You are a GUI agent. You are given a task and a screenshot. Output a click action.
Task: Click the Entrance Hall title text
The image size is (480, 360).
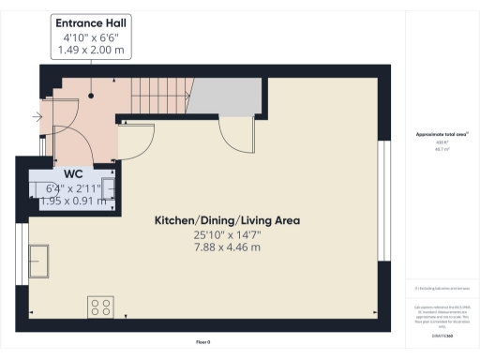point(91,22)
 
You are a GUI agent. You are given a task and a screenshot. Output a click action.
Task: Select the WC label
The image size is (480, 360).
point(73,174)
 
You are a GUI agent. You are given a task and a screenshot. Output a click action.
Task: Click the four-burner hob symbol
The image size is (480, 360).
point(100,307)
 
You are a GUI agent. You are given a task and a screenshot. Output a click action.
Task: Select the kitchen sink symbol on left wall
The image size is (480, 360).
point(40,256)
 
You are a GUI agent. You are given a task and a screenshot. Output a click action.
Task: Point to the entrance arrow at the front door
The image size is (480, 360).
point(37,116)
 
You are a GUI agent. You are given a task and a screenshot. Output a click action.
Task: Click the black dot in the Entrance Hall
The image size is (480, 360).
point(91,95)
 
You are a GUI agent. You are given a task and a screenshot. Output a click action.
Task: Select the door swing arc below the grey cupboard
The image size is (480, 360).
point(235,136)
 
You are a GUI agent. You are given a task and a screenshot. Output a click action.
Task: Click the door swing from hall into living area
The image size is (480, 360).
point(132,139)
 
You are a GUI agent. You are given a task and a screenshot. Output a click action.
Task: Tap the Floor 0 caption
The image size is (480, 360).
point(203,343)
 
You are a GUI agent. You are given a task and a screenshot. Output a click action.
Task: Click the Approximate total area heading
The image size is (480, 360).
point(435,135)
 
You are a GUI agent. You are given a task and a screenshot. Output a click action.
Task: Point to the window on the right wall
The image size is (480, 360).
point(382,201)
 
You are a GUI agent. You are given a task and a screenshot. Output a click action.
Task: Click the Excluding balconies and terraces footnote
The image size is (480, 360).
point(435,288)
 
